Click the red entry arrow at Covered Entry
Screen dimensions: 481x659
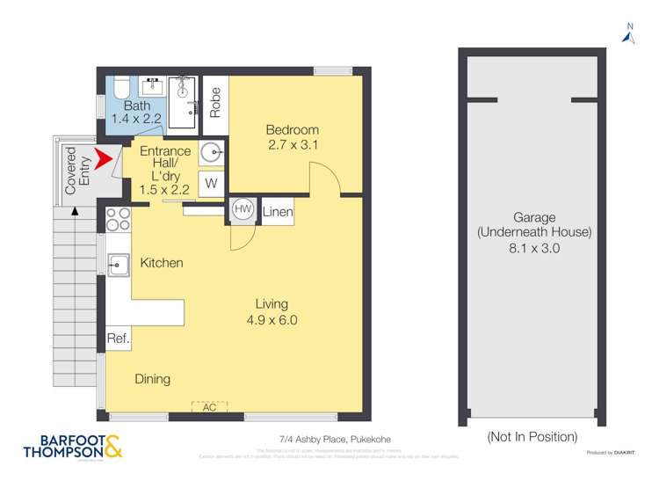[105, 161]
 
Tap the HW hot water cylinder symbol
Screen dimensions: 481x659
[243, 210]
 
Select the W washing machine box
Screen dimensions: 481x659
[211, 184]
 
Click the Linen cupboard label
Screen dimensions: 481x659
[277, 212]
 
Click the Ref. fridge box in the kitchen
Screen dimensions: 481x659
[119, 338]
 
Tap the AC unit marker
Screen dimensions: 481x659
[209, 406]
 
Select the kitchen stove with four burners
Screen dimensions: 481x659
[119, 218]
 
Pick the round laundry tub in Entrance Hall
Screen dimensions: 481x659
[212, 153]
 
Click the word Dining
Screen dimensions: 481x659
[152, 379]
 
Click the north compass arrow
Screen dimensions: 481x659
[627, 36]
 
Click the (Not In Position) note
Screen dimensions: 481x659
[532, 436]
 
